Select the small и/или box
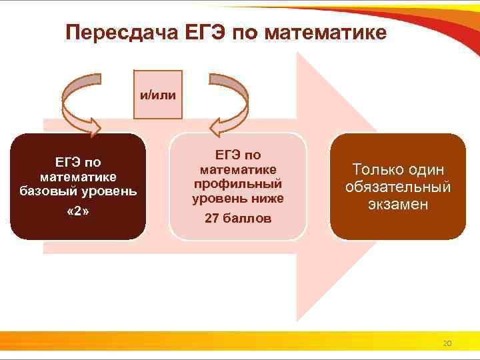(x=158, y=95)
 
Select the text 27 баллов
(x=238, y=218)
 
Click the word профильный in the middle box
(x=238, y=183)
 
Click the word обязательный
(x=398, y=187)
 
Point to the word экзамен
(x=398, y=204)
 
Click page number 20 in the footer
(x=447, y=343)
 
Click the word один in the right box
(x=427, y=170)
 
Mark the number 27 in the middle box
(x=213, y=218)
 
